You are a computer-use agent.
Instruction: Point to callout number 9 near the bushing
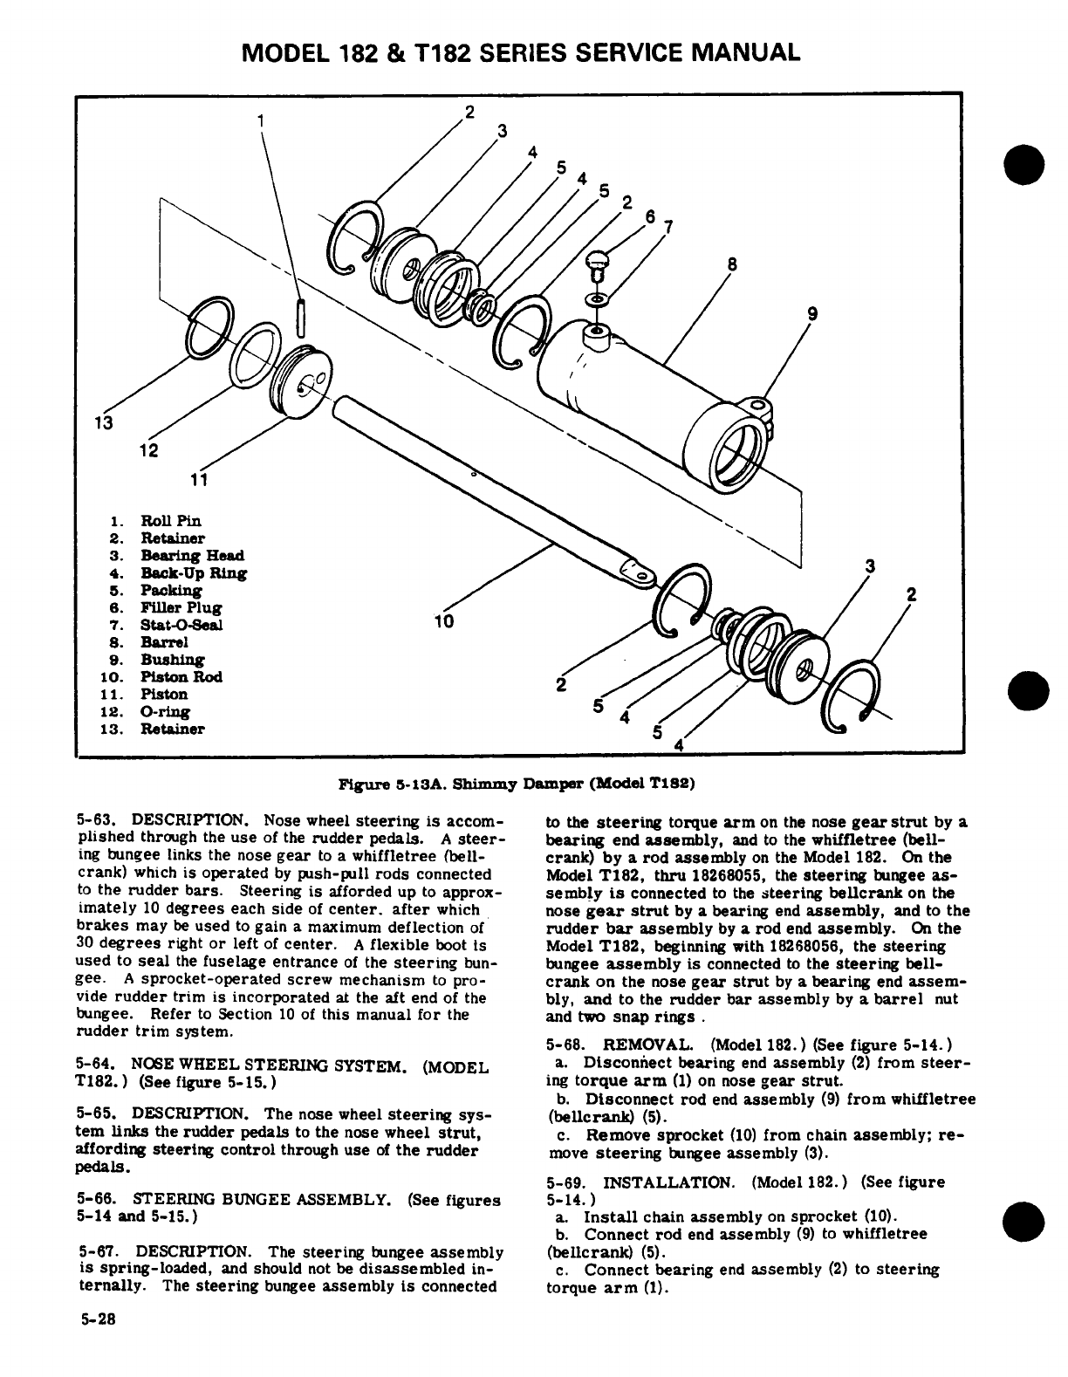coord(811,316)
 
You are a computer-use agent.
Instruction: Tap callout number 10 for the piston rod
coord(445,621)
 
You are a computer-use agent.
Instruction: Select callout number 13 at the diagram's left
coord(103,424)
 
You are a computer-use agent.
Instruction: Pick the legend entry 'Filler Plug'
coord(181,607)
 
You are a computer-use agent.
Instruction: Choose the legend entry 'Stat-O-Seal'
coord(181,625)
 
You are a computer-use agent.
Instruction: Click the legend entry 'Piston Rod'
coord(181,677)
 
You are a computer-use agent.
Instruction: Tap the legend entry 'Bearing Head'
coord(193,556)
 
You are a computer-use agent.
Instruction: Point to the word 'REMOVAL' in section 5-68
coord(649,1045)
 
